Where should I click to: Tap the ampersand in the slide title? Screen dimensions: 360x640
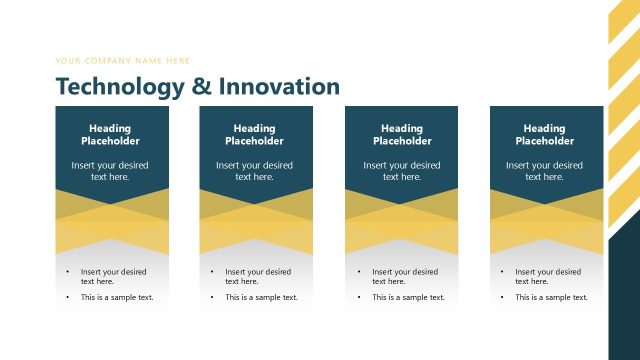[201, 87]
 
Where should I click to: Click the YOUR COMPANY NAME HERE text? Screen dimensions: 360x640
[123, 61]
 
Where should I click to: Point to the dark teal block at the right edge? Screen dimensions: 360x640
[624, 290]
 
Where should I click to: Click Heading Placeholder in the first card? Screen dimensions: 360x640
[111, 135]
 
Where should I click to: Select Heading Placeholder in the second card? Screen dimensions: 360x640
[255, 135]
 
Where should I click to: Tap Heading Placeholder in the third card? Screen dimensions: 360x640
[401, 135]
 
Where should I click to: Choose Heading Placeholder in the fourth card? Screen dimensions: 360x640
[545, 135]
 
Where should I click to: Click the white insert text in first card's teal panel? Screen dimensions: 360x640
[111, 171]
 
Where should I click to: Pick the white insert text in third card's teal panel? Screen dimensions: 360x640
[401, 171]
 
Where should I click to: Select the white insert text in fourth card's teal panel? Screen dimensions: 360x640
[545, 171]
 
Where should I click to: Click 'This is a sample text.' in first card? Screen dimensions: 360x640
[117, 297]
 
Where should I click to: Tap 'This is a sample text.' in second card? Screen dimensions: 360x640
[261, 297]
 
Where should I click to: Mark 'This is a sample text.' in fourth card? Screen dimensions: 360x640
[551, 297]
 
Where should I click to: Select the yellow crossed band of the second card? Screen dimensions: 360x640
[256, 221]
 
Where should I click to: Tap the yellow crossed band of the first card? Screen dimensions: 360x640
[112, 221]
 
